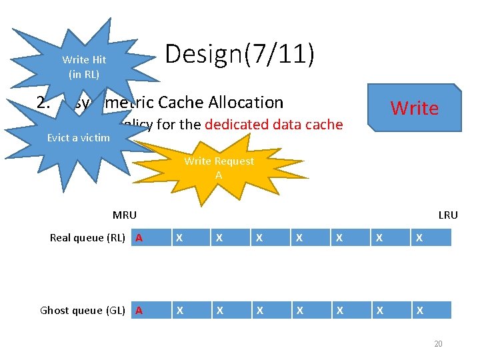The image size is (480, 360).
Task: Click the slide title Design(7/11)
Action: pos(239,54)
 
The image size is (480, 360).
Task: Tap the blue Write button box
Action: pos(414,108)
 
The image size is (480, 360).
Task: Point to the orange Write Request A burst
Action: pos(219,168)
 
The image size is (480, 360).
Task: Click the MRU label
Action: pos(125,215)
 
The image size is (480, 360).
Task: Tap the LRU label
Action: pos(448,215)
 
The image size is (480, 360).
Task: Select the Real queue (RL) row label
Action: pos(87,238)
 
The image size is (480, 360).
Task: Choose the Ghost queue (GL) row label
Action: pos(83,310)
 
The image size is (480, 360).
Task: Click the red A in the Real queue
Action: pos(139,238)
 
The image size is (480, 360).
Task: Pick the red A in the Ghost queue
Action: pos(139,310)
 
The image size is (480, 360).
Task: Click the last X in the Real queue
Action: pos(419,238)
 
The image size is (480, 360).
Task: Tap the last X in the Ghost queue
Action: pos(419,310)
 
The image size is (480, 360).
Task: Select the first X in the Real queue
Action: pos(178,238)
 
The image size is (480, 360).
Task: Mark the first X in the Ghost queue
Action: pos(178,310)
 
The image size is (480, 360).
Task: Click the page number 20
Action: pos(438,343)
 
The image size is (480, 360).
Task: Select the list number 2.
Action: pos(43,102)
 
